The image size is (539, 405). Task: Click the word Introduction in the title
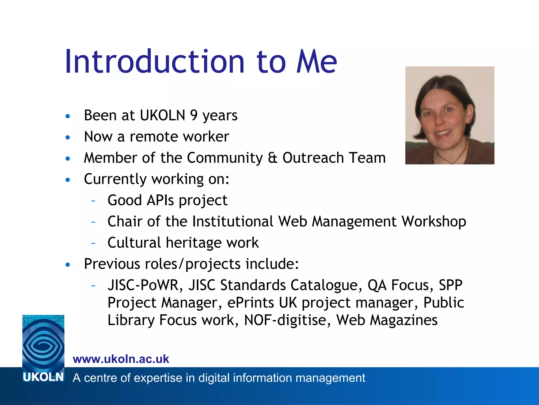pyautogui.click(x=155, y=62)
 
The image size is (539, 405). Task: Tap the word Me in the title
pyautogui.click(x=316, y=62)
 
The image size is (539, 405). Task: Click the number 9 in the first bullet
pyautogui.click(x=194, y=115)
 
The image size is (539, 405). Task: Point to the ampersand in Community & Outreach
pyautogui.click(x=273, y=158)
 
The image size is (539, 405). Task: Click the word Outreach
pyautogui.click(x=313, y=158)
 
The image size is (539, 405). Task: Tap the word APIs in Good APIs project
pyautogui.click(x=160, y=200)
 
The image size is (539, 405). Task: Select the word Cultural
pyautogui.click(x=134, y=243)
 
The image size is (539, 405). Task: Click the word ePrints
pyautogui.click(x=250, y=303)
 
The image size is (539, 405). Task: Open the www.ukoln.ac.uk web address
pyautogui.click(x=121, y=359)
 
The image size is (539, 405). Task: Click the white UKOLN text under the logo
pyautogui.click(x=43, y=377)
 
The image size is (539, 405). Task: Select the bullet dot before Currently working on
pyautogui.click(x=68, y=180)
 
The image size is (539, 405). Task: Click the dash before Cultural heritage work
pyautogui.click(x=93, y=243)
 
